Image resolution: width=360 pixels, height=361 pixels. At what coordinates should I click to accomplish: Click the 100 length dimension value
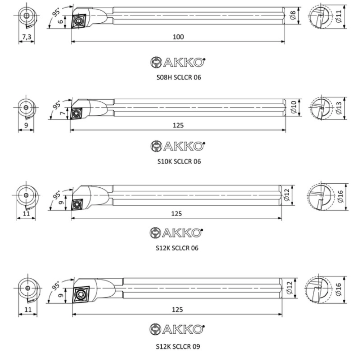(x=178, y=37)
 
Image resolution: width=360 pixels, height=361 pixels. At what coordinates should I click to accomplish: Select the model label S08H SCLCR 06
(x=179, y=77)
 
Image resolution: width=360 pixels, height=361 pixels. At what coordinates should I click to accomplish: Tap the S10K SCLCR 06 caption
(x=179, y=161)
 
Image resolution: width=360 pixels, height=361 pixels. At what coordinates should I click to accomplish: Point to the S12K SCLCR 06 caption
(x=177, y=248)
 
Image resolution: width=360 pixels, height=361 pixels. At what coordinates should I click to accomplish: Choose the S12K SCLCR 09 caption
(x=178, y=347)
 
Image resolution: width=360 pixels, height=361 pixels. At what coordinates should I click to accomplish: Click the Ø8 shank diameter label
(x=293, y=16)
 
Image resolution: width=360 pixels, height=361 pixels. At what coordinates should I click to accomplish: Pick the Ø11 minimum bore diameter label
(x=339, y=17)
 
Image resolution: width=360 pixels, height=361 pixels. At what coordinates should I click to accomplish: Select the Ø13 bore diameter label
(x=339, y=108)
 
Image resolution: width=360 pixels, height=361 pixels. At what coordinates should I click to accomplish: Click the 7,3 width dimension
(x=27, y=37)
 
